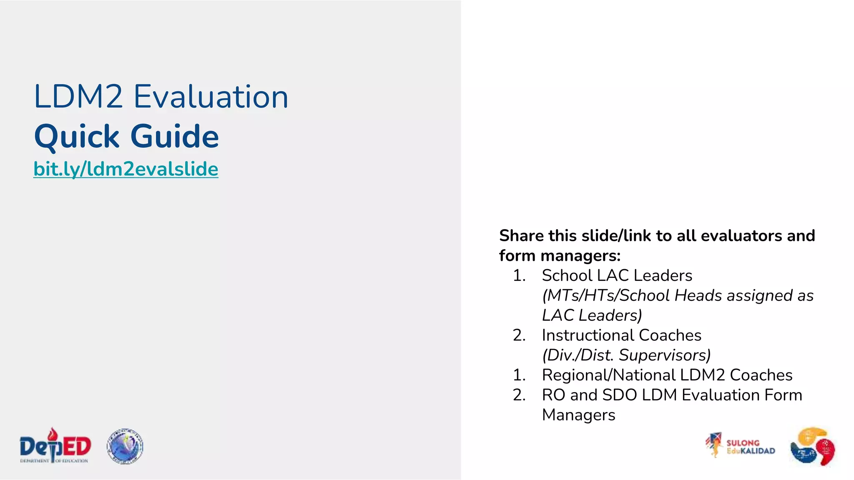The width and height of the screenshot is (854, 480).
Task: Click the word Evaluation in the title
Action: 211,97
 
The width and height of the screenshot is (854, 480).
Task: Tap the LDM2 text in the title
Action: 78,97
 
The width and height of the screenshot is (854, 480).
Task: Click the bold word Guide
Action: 175,137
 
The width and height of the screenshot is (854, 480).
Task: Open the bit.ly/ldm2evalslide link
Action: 126,169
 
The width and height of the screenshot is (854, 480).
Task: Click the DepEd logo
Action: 55,446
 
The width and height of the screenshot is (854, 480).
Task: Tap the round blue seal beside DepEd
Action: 125,446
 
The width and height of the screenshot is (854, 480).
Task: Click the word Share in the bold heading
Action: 521,236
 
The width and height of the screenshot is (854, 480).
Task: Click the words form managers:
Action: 560,256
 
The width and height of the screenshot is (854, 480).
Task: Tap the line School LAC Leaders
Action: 617,275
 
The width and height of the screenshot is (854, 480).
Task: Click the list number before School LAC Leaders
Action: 519,275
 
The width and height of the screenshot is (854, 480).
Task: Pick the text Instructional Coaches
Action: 621,335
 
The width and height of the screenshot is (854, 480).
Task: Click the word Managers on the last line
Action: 578,415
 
